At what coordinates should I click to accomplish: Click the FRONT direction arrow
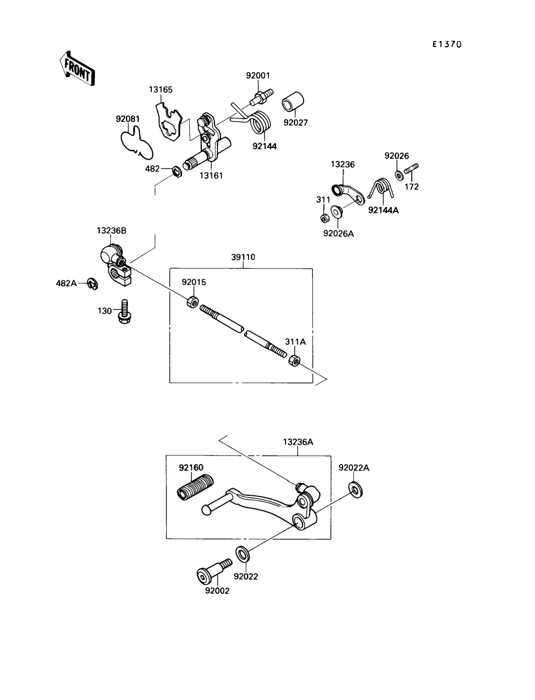tap(77, 68)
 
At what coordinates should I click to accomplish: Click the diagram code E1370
tap(447, 44)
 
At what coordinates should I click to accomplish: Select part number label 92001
tap(258, 76)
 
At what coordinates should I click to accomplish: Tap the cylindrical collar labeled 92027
tap(293, 102)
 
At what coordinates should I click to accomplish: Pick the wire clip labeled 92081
tap(137, 142)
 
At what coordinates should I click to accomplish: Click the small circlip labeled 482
tap(177, 171)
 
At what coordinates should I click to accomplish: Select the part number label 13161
tap(211, 175)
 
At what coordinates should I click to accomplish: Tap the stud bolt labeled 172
tap(412, 169)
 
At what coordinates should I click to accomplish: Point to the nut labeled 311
tap(325, 218)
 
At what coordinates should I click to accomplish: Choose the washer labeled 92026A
tap(336, 212)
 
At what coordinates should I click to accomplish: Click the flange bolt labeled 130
tap(124, 311)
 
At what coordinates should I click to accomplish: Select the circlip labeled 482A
tap(92, 284)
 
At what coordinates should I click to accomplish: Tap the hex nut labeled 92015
tap(193, 302)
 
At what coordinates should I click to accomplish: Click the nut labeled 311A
tap(294, 360)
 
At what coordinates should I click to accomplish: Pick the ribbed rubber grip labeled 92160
tap(195, 487)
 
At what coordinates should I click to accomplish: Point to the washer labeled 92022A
tap(355, 490)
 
